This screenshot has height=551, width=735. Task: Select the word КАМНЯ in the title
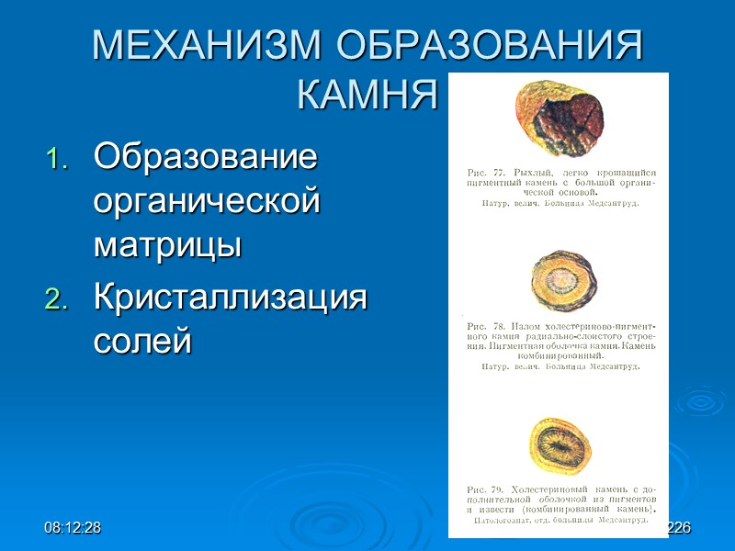[x=367, y=93]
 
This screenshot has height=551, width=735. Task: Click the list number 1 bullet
[x=57, y=160]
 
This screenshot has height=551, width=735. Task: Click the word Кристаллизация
[x=230, y=298]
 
